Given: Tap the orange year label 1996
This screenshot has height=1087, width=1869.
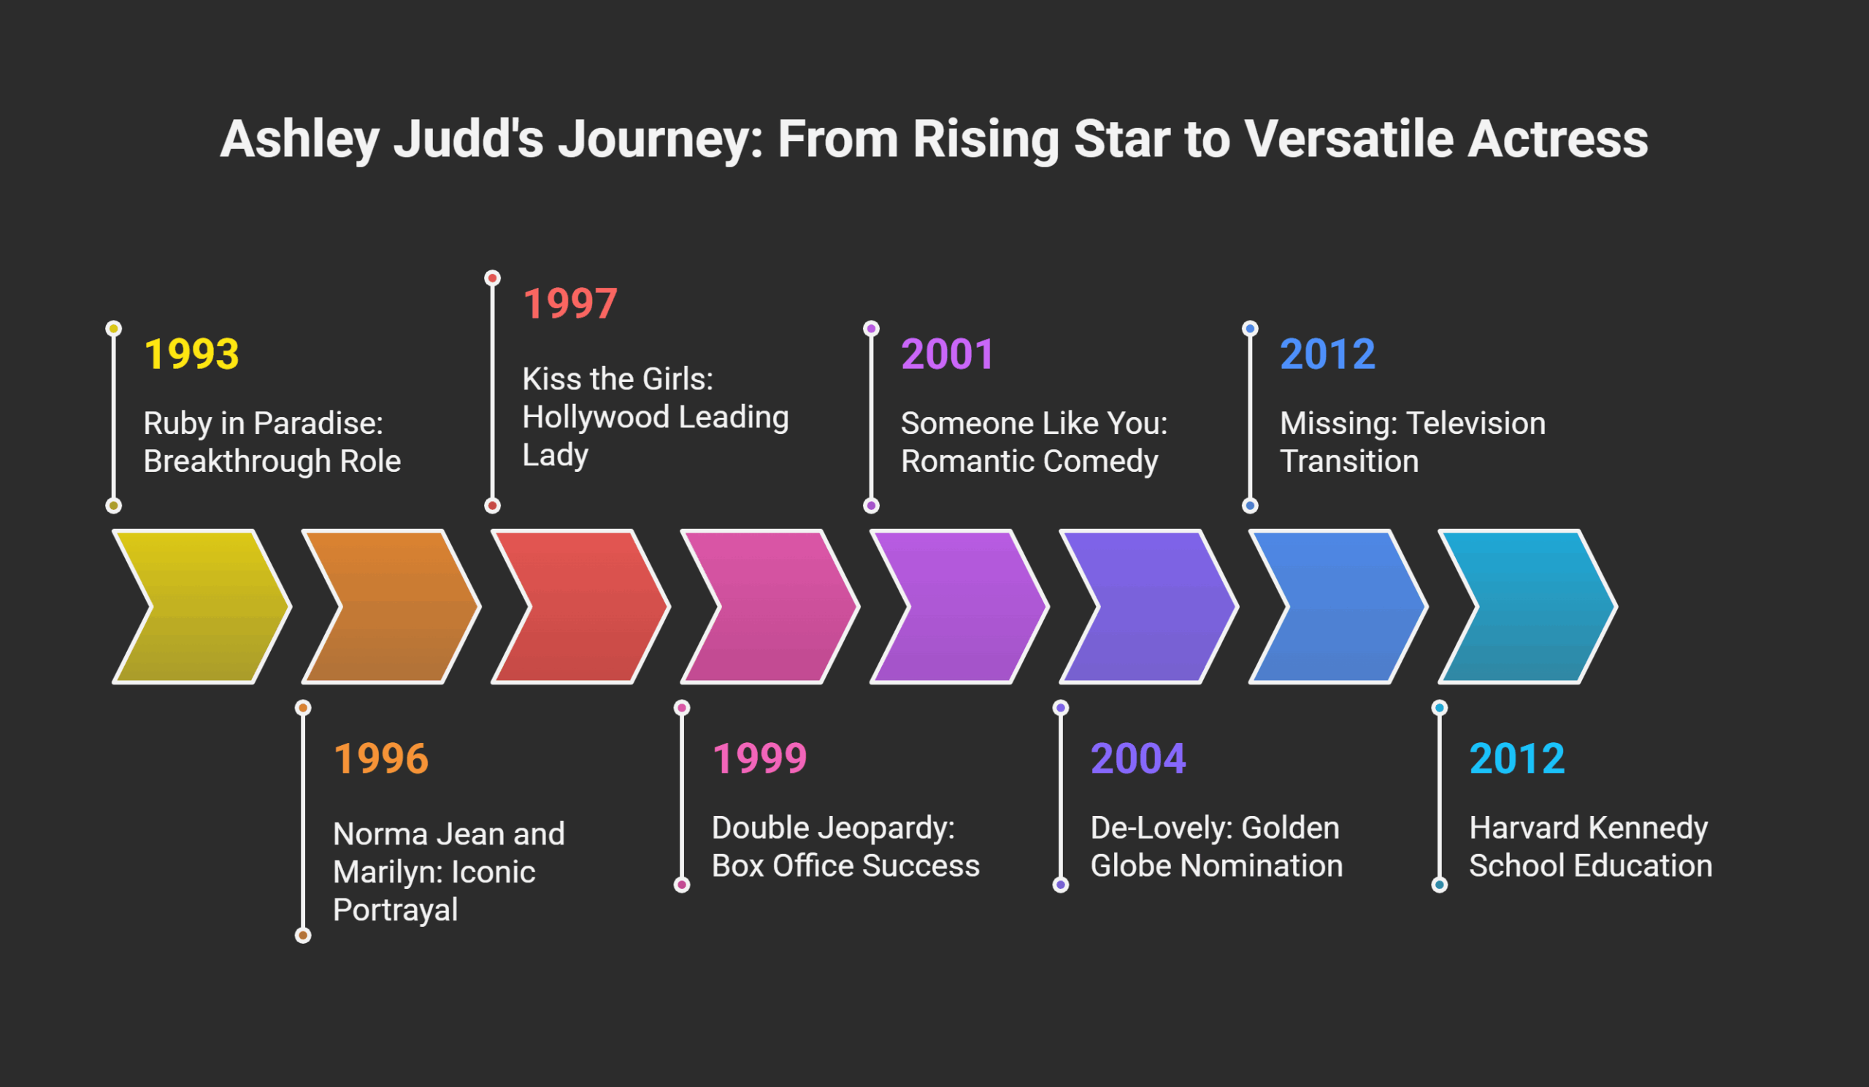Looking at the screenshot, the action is (381, 758).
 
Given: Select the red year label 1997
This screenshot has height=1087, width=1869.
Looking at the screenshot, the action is (569, 303).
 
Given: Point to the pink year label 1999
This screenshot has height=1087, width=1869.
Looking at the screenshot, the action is (759, 758).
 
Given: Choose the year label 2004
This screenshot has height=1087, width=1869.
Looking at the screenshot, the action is (1138, 758).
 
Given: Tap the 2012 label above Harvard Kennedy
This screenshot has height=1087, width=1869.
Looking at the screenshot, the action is (1516, 758).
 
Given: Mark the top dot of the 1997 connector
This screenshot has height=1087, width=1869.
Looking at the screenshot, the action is (493, 278).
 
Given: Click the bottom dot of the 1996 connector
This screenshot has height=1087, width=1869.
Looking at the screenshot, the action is (303, 936).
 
